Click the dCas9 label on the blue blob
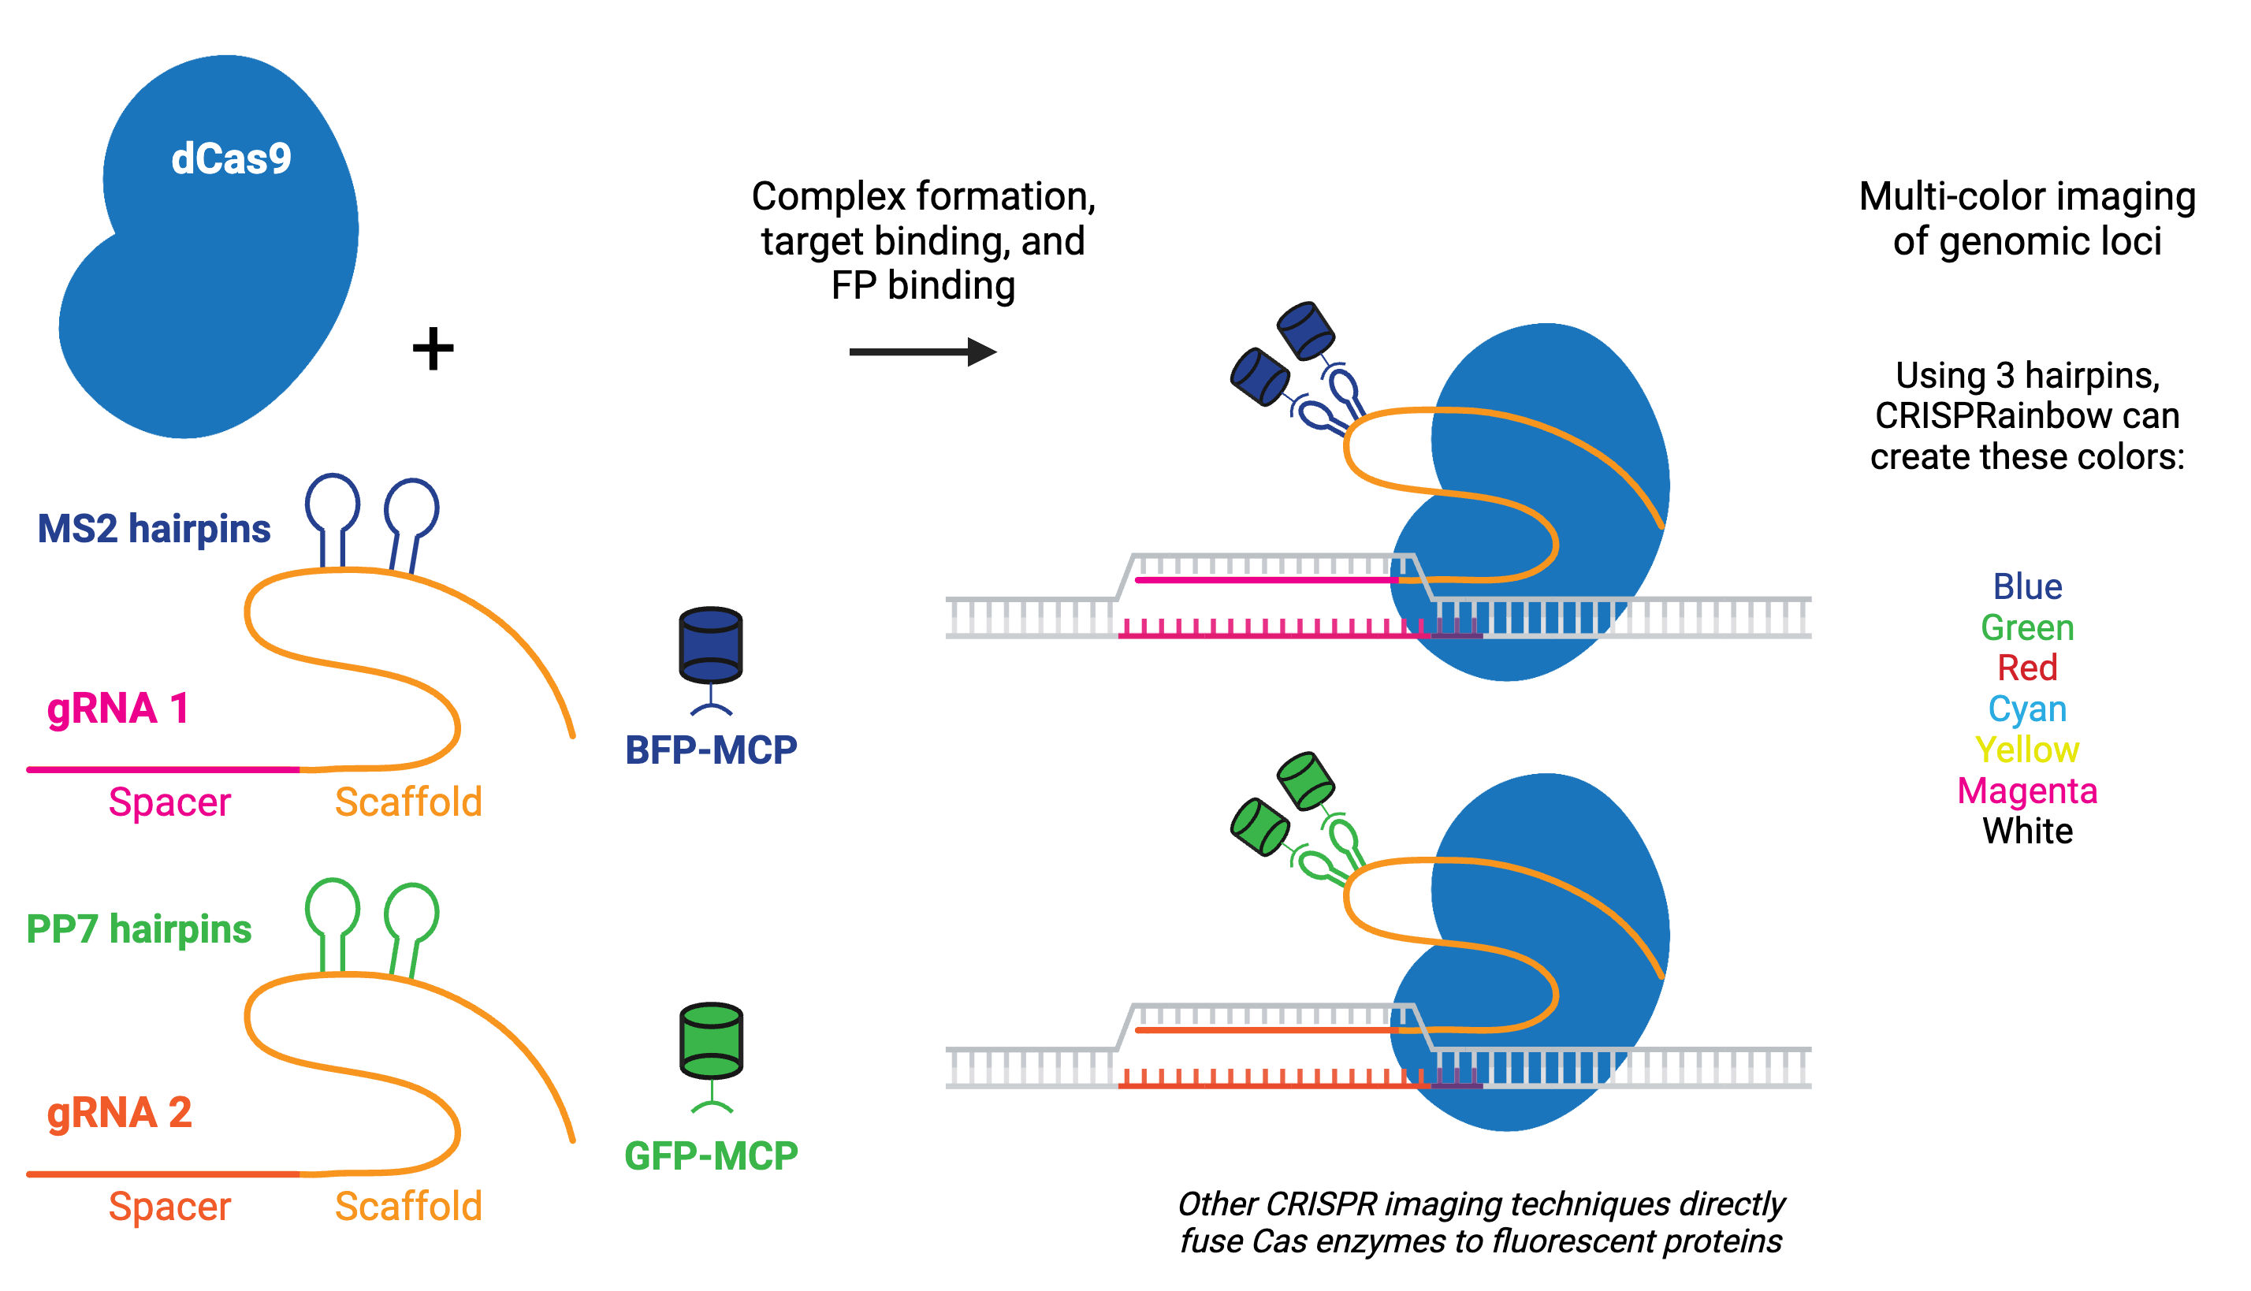[x=230, y=159]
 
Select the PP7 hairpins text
[x=140, y=929]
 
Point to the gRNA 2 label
[x=120, y=1113]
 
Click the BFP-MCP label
[x=711, y=750]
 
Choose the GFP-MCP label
[x=711, y=1155]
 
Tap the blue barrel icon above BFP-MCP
[x=710, y=645]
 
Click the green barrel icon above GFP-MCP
[x=710, y=1040]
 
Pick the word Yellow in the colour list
[x=2026, y=750]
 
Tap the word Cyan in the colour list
[x=2026, y=709]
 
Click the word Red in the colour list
[x=2026, y=668]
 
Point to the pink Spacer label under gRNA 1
[x=169, y=802]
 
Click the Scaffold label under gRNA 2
[x=407, y=1207]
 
